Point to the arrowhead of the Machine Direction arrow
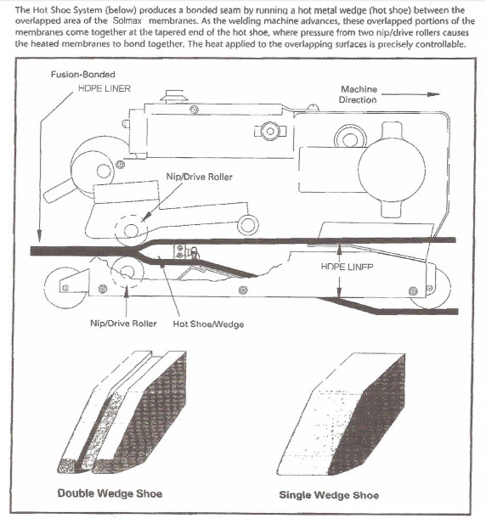pyautogui.click(x=436, y=94)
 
